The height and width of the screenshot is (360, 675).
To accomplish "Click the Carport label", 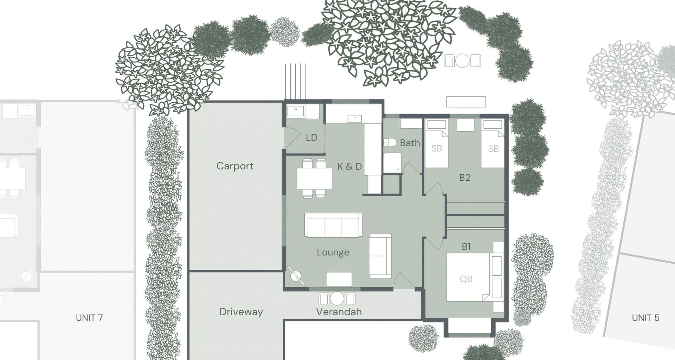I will pyautogui.click(x=234, y=166).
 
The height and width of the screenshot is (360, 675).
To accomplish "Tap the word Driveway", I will pyautogui.click(x=241, y=312).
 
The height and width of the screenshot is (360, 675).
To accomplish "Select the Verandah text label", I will pyautogui.click(x=339, y=311).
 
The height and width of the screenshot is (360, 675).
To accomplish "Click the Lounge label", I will pyautogui.click(x=333, y=252).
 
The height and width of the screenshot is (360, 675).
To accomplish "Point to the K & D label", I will pyautogui.click(x=349, y=166).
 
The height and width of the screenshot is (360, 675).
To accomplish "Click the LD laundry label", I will pyautogui.click(x=311, y=137).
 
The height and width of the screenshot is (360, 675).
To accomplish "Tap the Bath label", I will pyautogui.click(x=410, y=143).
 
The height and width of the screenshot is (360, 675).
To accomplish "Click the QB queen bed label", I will pyautogui.click(x=465, y=279).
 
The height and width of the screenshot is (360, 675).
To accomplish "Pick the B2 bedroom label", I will pyautogui.click(x=464, y=178).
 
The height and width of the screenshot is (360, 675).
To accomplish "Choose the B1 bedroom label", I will pyautogui.click(x=466, y=247).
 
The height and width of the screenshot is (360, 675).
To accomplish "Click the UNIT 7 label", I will pyautogui.click(x=89, y=318).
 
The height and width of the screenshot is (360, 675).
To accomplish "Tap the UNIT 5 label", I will pyautogui.click(x=645, y=318).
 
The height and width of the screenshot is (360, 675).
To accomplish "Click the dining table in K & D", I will pyautogui.click(x=314, y=179).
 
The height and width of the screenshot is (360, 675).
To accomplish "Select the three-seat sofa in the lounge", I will pyautogui.click(x=333, y=225).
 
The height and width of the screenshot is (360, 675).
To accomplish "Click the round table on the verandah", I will pyautogui.click(x=337, y=298).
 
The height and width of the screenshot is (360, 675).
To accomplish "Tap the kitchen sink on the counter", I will pyautogui.click(x=354, y=119).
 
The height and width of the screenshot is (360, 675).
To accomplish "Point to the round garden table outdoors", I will pyautogui.click(x=462, y=60).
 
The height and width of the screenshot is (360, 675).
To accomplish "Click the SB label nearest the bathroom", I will pyautogui.click(x=436, y=148).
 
